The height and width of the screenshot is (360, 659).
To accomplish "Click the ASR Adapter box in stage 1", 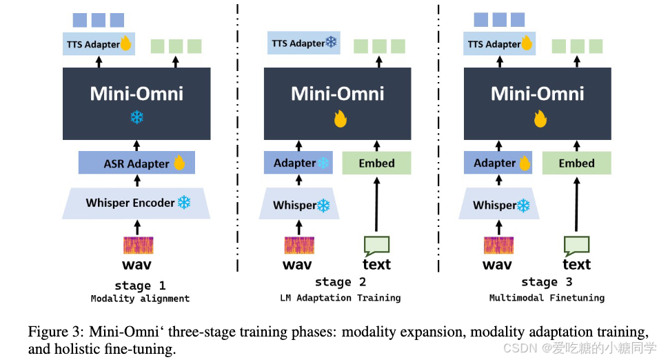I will point(136,163).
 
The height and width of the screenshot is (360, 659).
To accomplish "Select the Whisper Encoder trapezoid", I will point(136,203).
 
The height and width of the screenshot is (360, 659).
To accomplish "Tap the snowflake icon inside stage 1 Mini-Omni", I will point(136,117).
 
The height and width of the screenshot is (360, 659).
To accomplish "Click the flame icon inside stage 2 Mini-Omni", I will point(339,119).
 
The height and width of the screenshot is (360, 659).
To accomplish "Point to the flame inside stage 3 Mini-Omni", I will point(540,119).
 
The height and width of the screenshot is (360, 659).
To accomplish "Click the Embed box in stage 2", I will point(376,163).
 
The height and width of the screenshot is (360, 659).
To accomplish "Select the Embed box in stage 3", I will point(576,163).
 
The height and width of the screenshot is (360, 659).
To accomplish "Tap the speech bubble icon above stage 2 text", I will point(376,244).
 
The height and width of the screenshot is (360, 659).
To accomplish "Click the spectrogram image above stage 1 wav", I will point(138,246).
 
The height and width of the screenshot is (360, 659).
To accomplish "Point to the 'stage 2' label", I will point(340,282).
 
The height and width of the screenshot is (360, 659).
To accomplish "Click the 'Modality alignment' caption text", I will point(140,299).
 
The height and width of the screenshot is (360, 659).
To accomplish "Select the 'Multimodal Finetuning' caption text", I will point(547,298).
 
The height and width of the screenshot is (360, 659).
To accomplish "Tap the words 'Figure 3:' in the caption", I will point(52,332).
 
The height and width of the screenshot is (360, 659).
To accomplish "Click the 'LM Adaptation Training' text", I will point(340,298).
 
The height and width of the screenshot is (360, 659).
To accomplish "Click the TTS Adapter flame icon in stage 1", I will point(125,44).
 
